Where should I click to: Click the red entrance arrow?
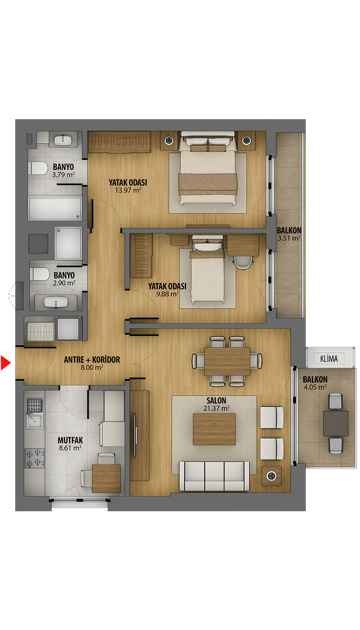click(x=5, y=363)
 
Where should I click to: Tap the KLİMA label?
click(x=329, y=359)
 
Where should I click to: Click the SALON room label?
click(x=216, y=400)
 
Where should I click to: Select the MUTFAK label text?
click(x=70, y=440)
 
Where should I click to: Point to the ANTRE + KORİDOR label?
click(x=92, y=360)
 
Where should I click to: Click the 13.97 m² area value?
click(x=128, y=190)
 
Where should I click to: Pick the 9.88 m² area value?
click(x=167, y=294)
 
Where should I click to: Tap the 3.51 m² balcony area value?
click(x=289, y=238)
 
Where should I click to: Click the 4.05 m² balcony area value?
click(x=315, y=387)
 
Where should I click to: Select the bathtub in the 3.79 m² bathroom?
click(x=55, y=208)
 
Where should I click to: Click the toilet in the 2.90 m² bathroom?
click(x=40, y=274)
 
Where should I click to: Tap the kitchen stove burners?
click(x=35, y=458)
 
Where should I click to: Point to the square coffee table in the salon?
click(x=214, y=429)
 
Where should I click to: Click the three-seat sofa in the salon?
click(x=214, y=476)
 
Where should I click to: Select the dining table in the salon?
click(x=227, y=361)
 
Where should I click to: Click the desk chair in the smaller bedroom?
click(x=243, y=262)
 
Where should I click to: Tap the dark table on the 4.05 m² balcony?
click(x=336, y=423)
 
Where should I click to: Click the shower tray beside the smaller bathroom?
click(x=68, y=243)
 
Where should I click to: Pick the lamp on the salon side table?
click(x=271, y=476)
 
